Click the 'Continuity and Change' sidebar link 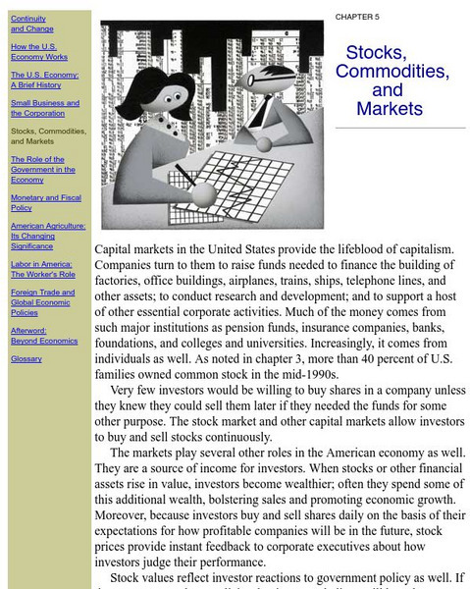point(28,24)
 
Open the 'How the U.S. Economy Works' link point(32,51)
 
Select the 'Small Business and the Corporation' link point(45,108)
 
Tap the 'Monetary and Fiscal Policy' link point(46,202)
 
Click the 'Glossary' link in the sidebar point(26,359)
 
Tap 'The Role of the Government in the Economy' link point(42,170)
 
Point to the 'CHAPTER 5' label point(357,17)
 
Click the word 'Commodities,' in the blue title point(392,72)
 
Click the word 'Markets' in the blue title point(390,109)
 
